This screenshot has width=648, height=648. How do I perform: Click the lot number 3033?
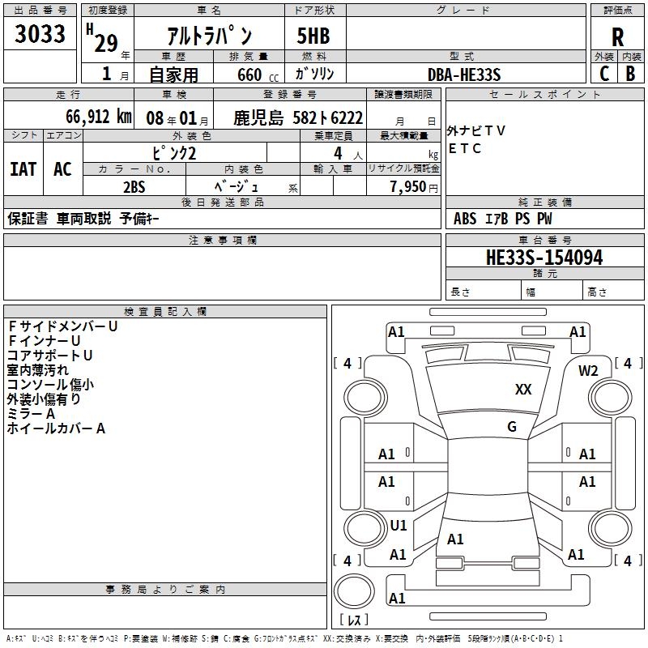click(x=40, y=34)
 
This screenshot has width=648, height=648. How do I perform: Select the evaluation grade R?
click(x=617, y=36)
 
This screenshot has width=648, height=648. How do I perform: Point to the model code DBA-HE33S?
click(x=464, y=75)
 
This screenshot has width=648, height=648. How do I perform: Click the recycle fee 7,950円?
click(x=413, y=186)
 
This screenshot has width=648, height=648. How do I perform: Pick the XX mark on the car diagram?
click(x=523, y=390)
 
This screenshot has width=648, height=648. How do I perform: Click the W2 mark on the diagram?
click(x=588, y=371)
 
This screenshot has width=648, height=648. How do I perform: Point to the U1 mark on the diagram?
click(x=399, y=526)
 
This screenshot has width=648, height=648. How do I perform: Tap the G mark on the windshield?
click(x=512, y=426)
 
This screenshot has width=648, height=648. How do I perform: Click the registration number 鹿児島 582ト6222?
click(x=298, y=117)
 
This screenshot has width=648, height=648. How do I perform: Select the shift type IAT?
click(x=23, y=169)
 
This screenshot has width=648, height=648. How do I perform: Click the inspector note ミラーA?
click(x=31, y=414)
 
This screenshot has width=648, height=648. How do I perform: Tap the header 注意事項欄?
click(x=222, y=241)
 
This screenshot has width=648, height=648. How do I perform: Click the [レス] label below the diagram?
click(x=353, y=620)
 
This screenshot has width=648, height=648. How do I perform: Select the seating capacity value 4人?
click(x=340, y=153)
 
